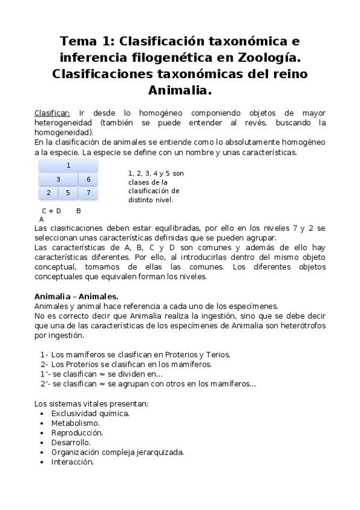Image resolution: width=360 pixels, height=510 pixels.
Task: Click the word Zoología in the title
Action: (268, 58)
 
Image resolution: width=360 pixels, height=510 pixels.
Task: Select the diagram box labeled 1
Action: (69, 165)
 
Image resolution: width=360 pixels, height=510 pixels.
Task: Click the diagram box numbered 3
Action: (58, 179)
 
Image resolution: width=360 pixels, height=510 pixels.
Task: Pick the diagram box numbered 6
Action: (88, 179)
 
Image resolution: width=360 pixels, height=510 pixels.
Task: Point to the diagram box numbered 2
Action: (49, 193)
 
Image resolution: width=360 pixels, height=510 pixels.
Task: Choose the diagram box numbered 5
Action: (69, 193)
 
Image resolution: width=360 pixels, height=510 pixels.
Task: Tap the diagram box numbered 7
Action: (88, 193)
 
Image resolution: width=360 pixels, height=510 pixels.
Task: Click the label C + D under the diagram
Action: (52, 211)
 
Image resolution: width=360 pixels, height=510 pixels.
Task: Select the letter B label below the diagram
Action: (79, 211)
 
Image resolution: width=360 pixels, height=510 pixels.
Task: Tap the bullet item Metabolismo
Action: (75, 423)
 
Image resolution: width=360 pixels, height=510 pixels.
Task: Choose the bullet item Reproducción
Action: (77, 432)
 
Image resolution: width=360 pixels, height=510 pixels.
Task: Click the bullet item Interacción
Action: (73, 462)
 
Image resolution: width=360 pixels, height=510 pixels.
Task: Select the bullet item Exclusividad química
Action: (90, 413)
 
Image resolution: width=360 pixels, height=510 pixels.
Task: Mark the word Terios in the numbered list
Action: (218, 355)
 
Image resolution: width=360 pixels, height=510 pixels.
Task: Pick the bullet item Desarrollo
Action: (71, 442)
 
